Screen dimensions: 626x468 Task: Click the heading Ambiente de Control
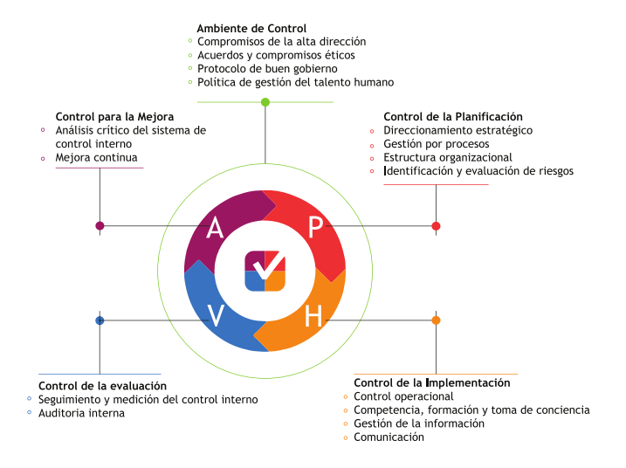pyautogui.click(x=251, y=28)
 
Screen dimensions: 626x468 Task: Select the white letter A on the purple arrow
pyautogui.click(x=215, y=228)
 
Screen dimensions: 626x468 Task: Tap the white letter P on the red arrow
pyautogui.click(x=315, y=227)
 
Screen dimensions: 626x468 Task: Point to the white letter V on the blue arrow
pyautogui.click(x=216, y=315)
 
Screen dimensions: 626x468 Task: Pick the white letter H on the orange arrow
pyautogui.click(x=313, y=316)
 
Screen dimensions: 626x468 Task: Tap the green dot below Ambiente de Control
pyautogui.click(x=265, y=102)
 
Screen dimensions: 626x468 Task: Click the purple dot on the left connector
pyautogui.click(x=100, y=226)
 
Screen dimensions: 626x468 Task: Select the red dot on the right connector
pyautogui.click(x=436, y=226)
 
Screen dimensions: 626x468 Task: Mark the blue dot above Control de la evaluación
pyautogui.click(x=100, y=320)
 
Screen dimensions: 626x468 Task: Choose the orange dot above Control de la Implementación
pyautogui.click(x=436, y=320)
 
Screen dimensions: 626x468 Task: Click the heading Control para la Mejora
pyautogui.click(x=114, y=117)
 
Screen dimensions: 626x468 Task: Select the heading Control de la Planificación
pyautogui.click(x=453, y=117)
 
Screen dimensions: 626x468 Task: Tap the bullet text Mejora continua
pyautogui.click(x=96, y=157)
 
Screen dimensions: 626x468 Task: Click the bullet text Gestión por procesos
pyautogui.click(x=437, y=144)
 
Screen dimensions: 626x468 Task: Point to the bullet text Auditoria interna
pyautogui.click(x=81, y=413)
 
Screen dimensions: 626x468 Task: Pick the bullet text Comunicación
pyautogui.click(x=389, y=437)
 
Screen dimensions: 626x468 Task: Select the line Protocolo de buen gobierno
pyautogui.click(x=267, y=69)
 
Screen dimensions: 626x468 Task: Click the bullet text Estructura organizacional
pyautogui.click(x=448, y=157)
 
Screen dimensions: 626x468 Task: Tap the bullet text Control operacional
pyautogui.click(x=403, y=396)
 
